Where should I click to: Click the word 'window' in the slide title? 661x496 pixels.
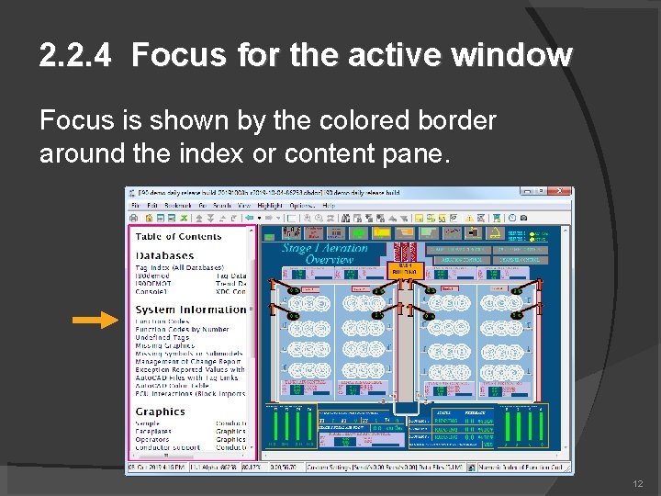coord(517,56)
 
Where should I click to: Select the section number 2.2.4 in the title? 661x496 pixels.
coord(76,56)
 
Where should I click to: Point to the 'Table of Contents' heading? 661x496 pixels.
coord(179,236)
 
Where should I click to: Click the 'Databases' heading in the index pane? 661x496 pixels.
coord(165,255)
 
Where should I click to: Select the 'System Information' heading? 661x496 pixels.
coord(191,310)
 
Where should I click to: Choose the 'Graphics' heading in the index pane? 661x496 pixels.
coord(160,411)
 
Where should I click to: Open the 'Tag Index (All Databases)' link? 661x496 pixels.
coord(180,267)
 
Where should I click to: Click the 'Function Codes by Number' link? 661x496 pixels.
coord(183,329)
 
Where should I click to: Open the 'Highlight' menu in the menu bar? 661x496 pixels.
coord(270,206)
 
